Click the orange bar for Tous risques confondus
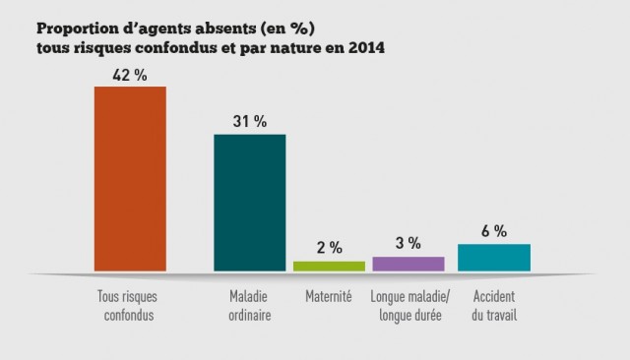(130, 178)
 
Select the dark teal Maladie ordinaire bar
(250, 202)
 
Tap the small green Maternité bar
(329, 266)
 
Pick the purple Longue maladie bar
(409, 264)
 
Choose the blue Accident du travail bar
(494, 257)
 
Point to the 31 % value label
(250, 122)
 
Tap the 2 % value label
(329, 247)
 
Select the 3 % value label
(409, 243)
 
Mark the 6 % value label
(494, 231)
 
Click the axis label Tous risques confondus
(129, 306)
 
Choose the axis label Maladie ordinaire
(250, 306)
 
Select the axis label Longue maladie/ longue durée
(409, 306)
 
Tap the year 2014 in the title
(364, 47)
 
